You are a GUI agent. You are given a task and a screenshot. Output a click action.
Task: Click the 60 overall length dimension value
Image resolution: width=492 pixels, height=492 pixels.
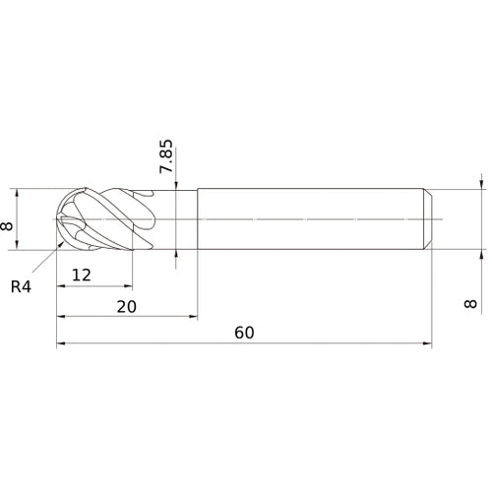[x=244, y=332]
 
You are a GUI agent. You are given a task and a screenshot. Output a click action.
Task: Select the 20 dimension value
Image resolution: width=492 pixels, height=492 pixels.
[x=126, y=306]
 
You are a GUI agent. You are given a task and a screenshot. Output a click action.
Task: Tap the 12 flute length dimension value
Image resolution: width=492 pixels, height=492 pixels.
[x=82, y=276]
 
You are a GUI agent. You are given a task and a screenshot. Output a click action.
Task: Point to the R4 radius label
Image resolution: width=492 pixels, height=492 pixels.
[x=22, y=287]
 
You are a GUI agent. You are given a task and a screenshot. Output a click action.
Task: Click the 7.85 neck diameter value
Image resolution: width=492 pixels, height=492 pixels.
[x=166, y=156]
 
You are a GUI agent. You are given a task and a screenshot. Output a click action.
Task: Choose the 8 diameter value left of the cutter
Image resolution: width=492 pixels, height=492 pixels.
[x=10, y=225]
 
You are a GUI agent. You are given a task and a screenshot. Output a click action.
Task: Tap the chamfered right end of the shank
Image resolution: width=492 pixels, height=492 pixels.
[x=428, y=218]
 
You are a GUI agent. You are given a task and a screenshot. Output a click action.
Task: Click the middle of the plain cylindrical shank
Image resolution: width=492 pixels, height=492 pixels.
[x=313, y=218]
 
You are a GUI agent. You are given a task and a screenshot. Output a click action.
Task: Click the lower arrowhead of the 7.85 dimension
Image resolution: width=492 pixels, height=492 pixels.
[x=175, y=254]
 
